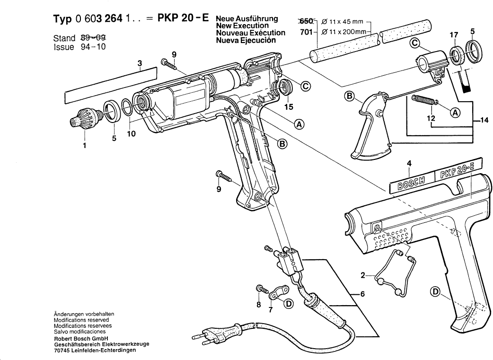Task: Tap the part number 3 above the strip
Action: click(x=140, y=63)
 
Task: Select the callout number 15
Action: click(x=289, y=107)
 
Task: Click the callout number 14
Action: click(x=483, y=121)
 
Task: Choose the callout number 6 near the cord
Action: click(x=362, y=294)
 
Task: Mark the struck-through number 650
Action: click(x=307, y=22)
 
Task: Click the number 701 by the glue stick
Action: click(x=307, y=33)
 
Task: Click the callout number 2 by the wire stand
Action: click(x=363, y=274)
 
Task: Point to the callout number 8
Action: click(x=258, y=305)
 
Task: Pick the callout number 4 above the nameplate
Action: click(x=409, y=164)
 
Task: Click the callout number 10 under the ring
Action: click(x=131, y=134)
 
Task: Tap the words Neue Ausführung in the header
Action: click(x=246, y=19)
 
